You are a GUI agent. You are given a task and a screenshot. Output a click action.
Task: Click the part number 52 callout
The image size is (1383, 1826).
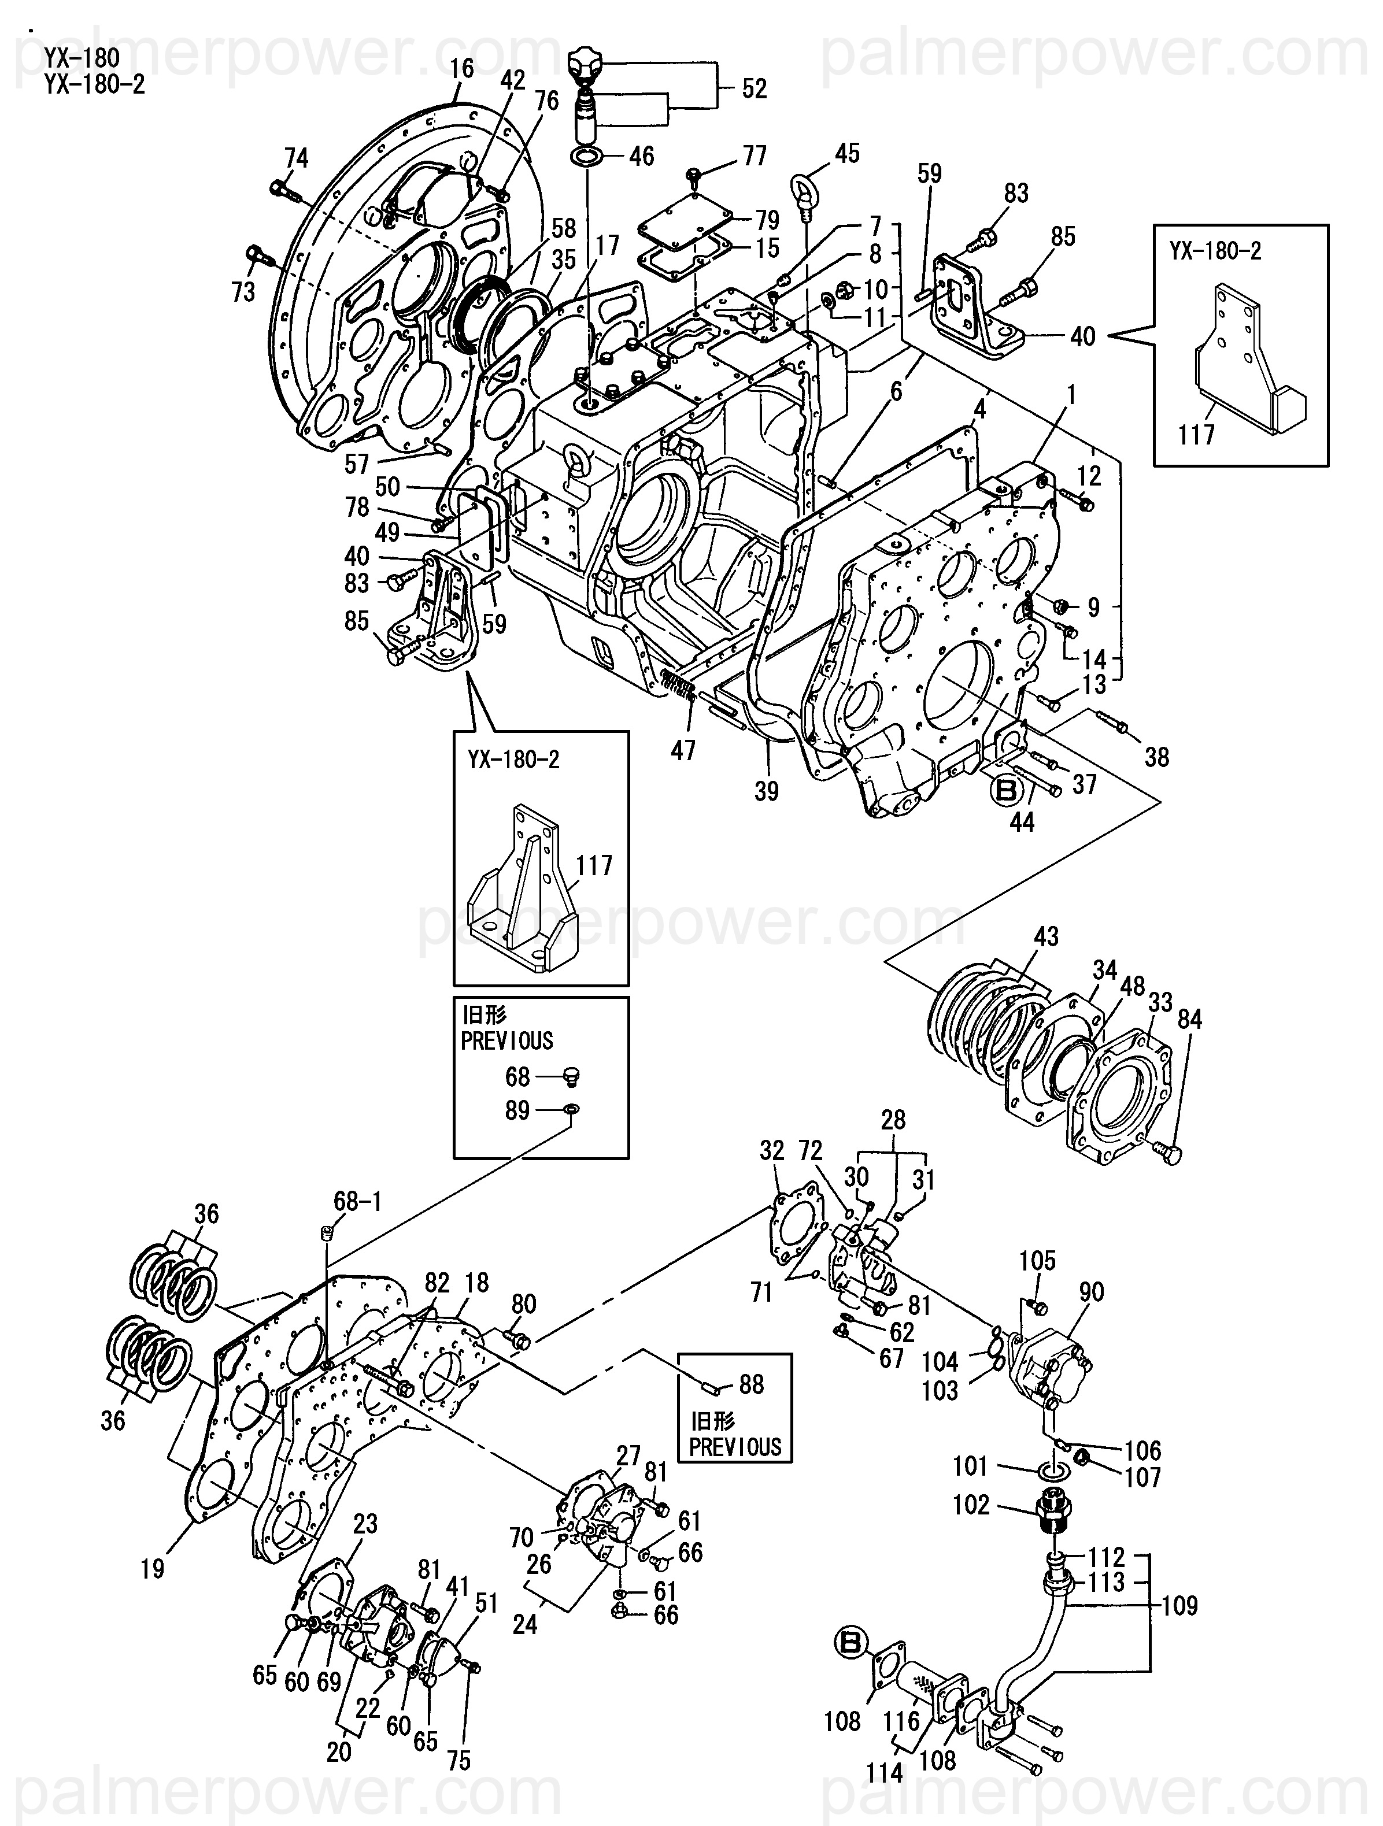(x=754, y=88)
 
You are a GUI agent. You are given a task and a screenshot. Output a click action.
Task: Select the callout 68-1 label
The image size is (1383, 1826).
(x=357, y=1201)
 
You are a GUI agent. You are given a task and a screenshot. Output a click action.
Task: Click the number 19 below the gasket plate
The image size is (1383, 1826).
(x=153, y=1568)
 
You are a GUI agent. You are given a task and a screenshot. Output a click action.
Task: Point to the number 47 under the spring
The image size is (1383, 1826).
(x=683, y=750)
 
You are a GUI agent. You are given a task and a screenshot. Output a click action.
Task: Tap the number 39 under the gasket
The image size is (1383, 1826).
(x=766, y=791)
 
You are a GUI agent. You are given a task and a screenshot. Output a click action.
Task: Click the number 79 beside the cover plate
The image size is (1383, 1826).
(x=767, y=220)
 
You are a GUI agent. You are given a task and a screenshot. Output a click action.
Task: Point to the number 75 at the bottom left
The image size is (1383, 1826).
(x=458, y=1760)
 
